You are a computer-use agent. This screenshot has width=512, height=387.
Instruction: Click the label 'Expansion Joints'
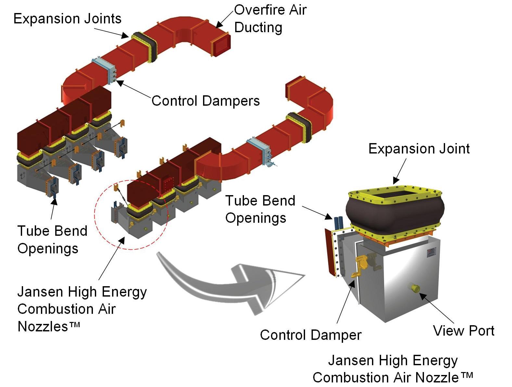(67, 19)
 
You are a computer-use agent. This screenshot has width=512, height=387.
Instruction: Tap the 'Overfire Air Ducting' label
(270, 19)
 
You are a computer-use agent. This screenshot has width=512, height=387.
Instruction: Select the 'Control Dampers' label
(206, 101)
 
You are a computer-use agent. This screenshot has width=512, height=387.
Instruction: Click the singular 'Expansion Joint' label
(419, 149)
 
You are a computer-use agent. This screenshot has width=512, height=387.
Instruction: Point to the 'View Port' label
(464, 331)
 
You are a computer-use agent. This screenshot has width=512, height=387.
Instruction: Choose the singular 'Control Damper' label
(311, 335)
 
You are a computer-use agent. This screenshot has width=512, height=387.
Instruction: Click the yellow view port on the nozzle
(414, 287)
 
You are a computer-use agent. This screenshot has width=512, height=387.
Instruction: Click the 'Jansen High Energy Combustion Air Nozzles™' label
(82, 309)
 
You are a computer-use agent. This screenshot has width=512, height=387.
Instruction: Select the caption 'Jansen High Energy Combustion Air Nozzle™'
(393, 369)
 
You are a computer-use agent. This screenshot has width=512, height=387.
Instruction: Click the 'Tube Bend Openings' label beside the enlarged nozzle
(260, 209)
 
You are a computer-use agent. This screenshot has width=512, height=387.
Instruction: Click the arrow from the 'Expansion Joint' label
(400, 170)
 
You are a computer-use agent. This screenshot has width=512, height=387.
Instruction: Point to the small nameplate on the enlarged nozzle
(431, 252)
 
